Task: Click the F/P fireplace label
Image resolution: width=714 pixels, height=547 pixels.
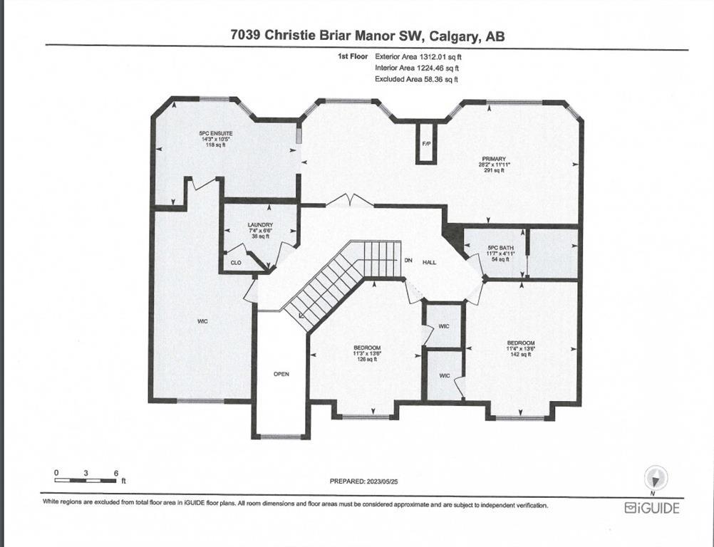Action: pyautogui.click(x=427, y=144)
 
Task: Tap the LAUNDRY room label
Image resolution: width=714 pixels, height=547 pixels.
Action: pyautogui.click(x=261, y=225)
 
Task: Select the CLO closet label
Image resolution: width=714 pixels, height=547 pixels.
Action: pyautogui.click(x=236, y=263)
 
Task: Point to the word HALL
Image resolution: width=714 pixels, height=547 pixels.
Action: pyautogui.click(x=429, y=262)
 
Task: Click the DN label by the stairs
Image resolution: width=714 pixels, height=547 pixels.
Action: pyautogui.click(x=408, y=260)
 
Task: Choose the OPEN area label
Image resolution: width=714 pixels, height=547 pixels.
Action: pyautogui.click(x=281, y=374)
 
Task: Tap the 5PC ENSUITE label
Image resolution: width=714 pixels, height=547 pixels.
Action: pyautogui.click(x=216, y=133)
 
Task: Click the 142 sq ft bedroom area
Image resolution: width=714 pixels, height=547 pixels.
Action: pyautogui.click(x=521, y=354)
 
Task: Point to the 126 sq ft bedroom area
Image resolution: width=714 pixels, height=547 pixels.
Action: pyautogui.click(x=367, y=359)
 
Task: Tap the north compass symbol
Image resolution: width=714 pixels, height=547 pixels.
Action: pyautogui.click(x=656, y=479)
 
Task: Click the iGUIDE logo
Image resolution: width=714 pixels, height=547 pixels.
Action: pyautogui.click(x=652, y=508)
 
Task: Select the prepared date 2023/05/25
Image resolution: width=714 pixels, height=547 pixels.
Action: pyautogui.click(x=383, y=481)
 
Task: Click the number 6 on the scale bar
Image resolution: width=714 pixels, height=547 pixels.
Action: pyautogui.click(x=116, y=473)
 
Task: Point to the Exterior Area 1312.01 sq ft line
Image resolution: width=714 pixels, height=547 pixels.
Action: pyautogui.click(x=418, y=57)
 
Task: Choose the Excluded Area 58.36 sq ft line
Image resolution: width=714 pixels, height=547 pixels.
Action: pyautogui.click(x=416, y=79)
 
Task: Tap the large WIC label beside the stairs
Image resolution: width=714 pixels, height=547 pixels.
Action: pyautogui.click(x=202, y=321)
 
